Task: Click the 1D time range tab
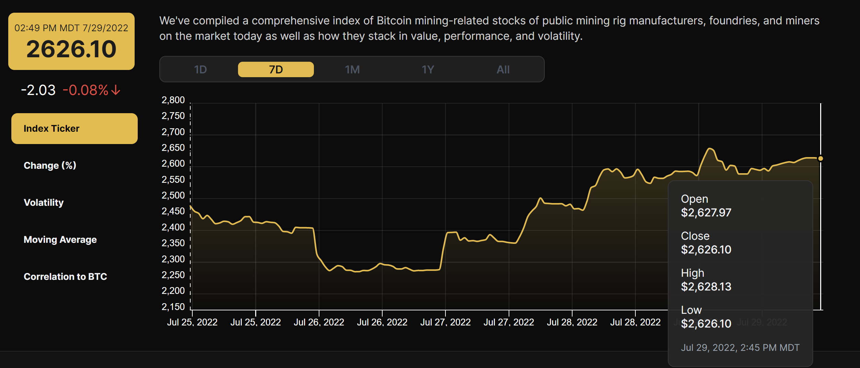click(x=200, y=70)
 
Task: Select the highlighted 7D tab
click(x=276, y=70)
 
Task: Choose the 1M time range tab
click(x=352, y=70)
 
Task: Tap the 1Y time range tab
click(x=428, y=70)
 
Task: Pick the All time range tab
click(x=503, y=70)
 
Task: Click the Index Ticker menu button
click(x=74, y=129)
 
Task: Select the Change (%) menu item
click(x=50, y=166)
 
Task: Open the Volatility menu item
click(x=44, y=203)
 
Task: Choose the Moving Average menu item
click(x=60, y=240)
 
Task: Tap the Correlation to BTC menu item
click(x=65, y=277)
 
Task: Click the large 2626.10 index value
click(x=71, y=49)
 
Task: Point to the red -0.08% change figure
click(x=86, y=90)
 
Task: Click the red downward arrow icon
click(x=116, y=90)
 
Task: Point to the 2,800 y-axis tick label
click(x=173, y=100)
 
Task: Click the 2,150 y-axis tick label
click(x=173, y=307)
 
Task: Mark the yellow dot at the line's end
click(x=821, y=158)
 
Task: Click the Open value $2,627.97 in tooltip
click(x=706, y=213)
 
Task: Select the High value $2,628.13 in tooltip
click(x=706, y=287)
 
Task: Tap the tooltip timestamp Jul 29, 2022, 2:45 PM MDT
click(x=740, y=348)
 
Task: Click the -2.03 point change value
click(x=38, y=90)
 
